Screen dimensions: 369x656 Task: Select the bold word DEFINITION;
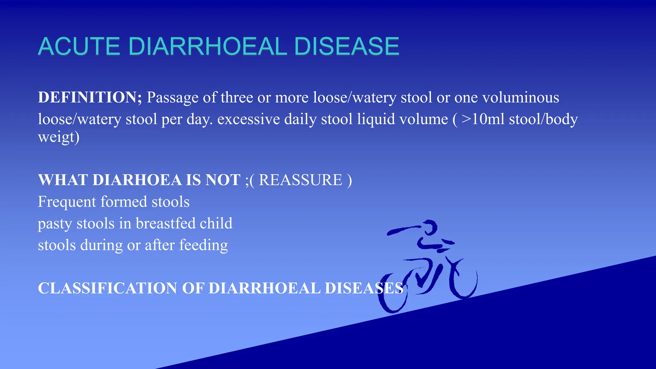point(90,97)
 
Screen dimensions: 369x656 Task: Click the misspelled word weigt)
point(59,137)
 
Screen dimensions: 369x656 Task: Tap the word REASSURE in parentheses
point(300,180)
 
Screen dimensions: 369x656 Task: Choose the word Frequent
point(67,202)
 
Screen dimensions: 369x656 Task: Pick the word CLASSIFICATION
point(107,288)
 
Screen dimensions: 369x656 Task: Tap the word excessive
point(249,119)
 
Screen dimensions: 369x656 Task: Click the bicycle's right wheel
point(464,280)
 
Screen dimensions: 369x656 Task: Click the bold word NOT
point(223,180)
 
